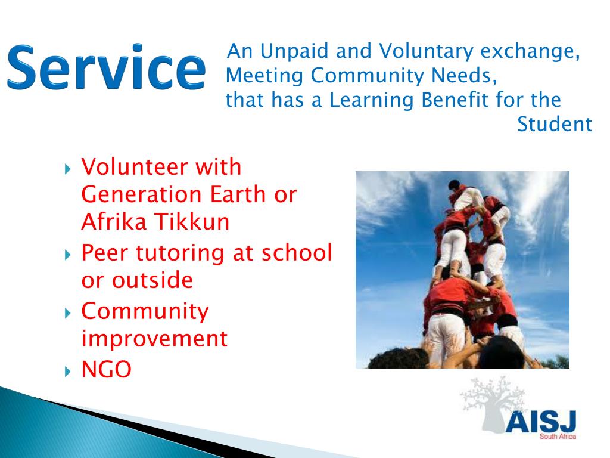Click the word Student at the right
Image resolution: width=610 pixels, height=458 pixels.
pos(554,125)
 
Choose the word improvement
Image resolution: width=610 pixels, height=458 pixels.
pos(154,339)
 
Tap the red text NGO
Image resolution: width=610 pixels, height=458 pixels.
pos(106,370)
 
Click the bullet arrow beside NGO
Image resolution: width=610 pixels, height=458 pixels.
pos(67,372)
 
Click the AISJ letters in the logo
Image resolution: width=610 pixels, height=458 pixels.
pos(540,422)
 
